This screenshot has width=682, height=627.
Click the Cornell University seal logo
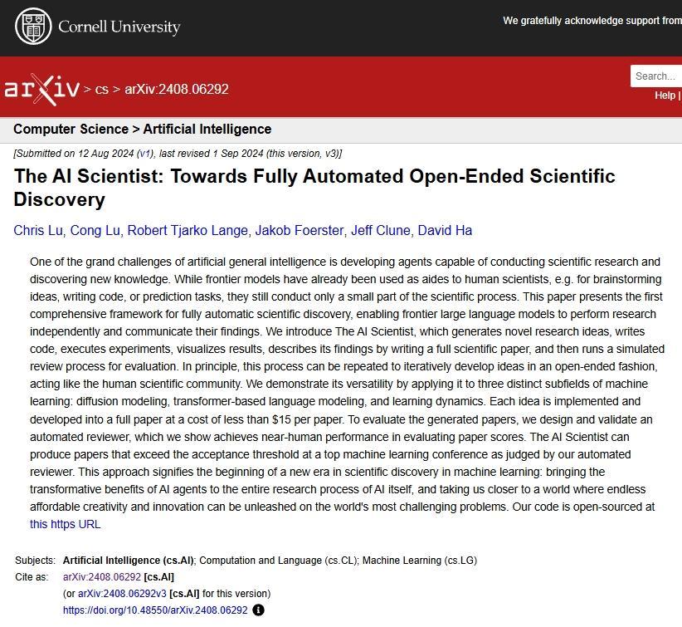coord(33,27)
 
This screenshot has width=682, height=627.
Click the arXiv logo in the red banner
coord(41,88)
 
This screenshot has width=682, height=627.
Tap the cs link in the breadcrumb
coord(101,89)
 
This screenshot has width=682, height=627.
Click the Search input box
coord(656,76)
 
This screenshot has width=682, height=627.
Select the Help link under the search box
coord(665,96)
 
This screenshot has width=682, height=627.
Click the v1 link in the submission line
coord(145,154)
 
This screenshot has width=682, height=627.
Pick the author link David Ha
coord(445,230)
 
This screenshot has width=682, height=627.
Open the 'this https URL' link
coord(65,524)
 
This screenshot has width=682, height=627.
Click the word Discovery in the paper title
coord(59,199)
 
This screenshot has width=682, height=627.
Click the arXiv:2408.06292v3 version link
coord(122,594)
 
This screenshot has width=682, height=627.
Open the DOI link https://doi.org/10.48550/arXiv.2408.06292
coord(155,610)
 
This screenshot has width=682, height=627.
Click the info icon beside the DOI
coord(258,610)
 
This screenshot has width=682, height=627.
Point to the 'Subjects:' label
coord(36,561)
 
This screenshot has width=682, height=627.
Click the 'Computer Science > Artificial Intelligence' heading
coord(142,130)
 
